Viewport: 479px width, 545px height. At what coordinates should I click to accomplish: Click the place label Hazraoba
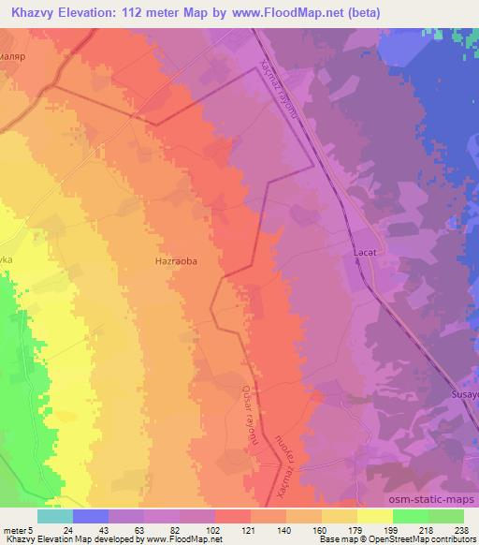point(176,264)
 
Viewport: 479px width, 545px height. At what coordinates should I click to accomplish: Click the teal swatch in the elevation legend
point(55,516)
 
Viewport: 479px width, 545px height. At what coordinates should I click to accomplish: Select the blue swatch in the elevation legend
point(91,516)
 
